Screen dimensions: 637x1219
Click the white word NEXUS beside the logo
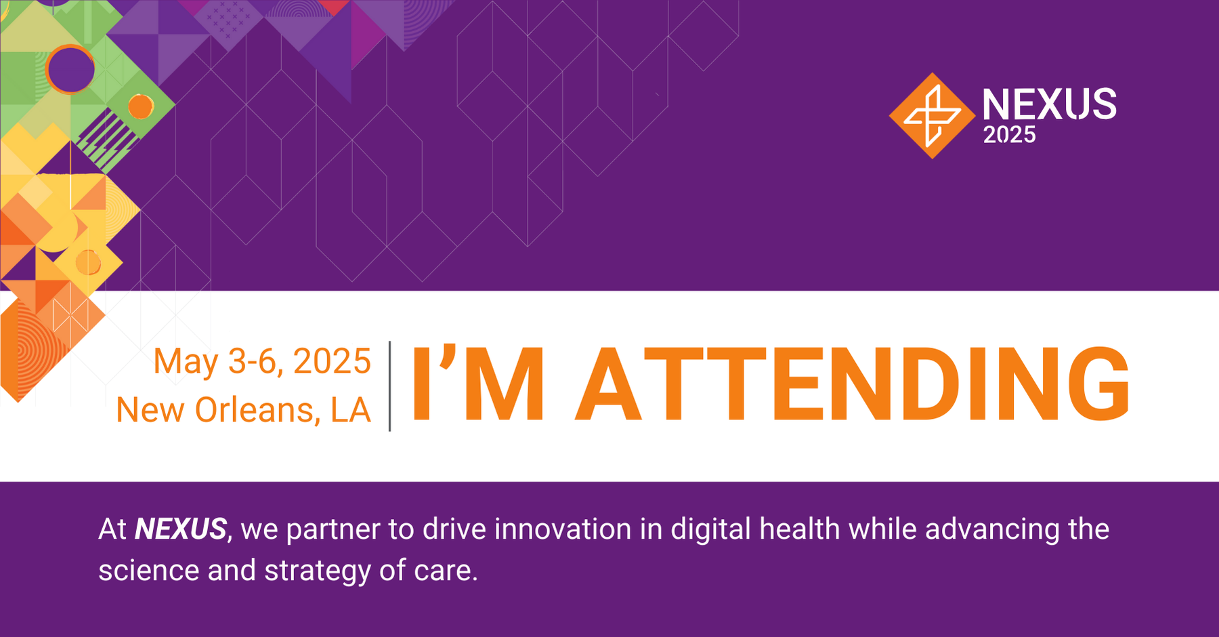point(1049,104)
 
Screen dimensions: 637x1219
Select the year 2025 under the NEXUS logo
point(1009,136)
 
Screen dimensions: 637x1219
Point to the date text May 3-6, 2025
point(262,361)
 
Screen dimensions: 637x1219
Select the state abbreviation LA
point(351,410)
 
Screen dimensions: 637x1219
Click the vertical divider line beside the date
point(390,386)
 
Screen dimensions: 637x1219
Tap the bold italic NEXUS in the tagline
point(180,529)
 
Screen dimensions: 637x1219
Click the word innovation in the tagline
point(563,529)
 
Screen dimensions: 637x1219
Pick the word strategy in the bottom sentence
point(318,571)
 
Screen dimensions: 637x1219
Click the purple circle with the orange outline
point(70,69)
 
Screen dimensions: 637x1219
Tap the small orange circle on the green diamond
point(141,106)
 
